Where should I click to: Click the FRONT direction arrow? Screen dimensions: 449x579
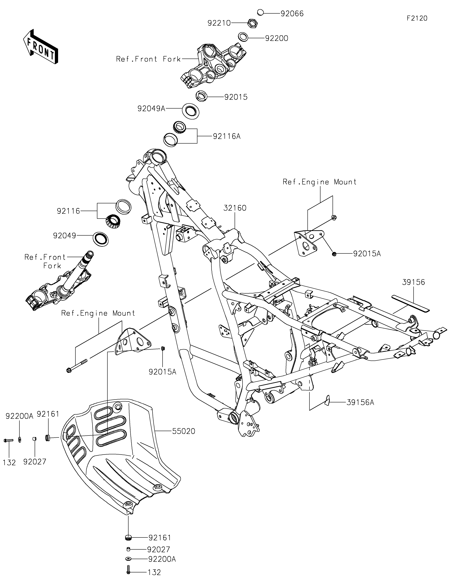point(40,46)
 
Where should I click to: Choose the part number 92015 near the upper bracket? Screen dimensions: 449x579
point(236,97)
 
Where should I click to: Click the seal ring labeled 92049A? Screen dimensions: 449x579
point(191,111)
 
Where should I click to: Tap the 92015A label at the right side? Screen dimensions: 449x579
point(367,254)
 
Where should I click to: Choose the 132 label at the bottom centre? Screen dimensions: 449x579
point(154,572)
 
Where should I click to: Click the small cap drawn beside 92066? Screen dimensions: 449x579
point(260,12)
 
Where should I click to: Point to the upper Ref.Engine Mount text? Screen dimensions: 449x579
point(320,182)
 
